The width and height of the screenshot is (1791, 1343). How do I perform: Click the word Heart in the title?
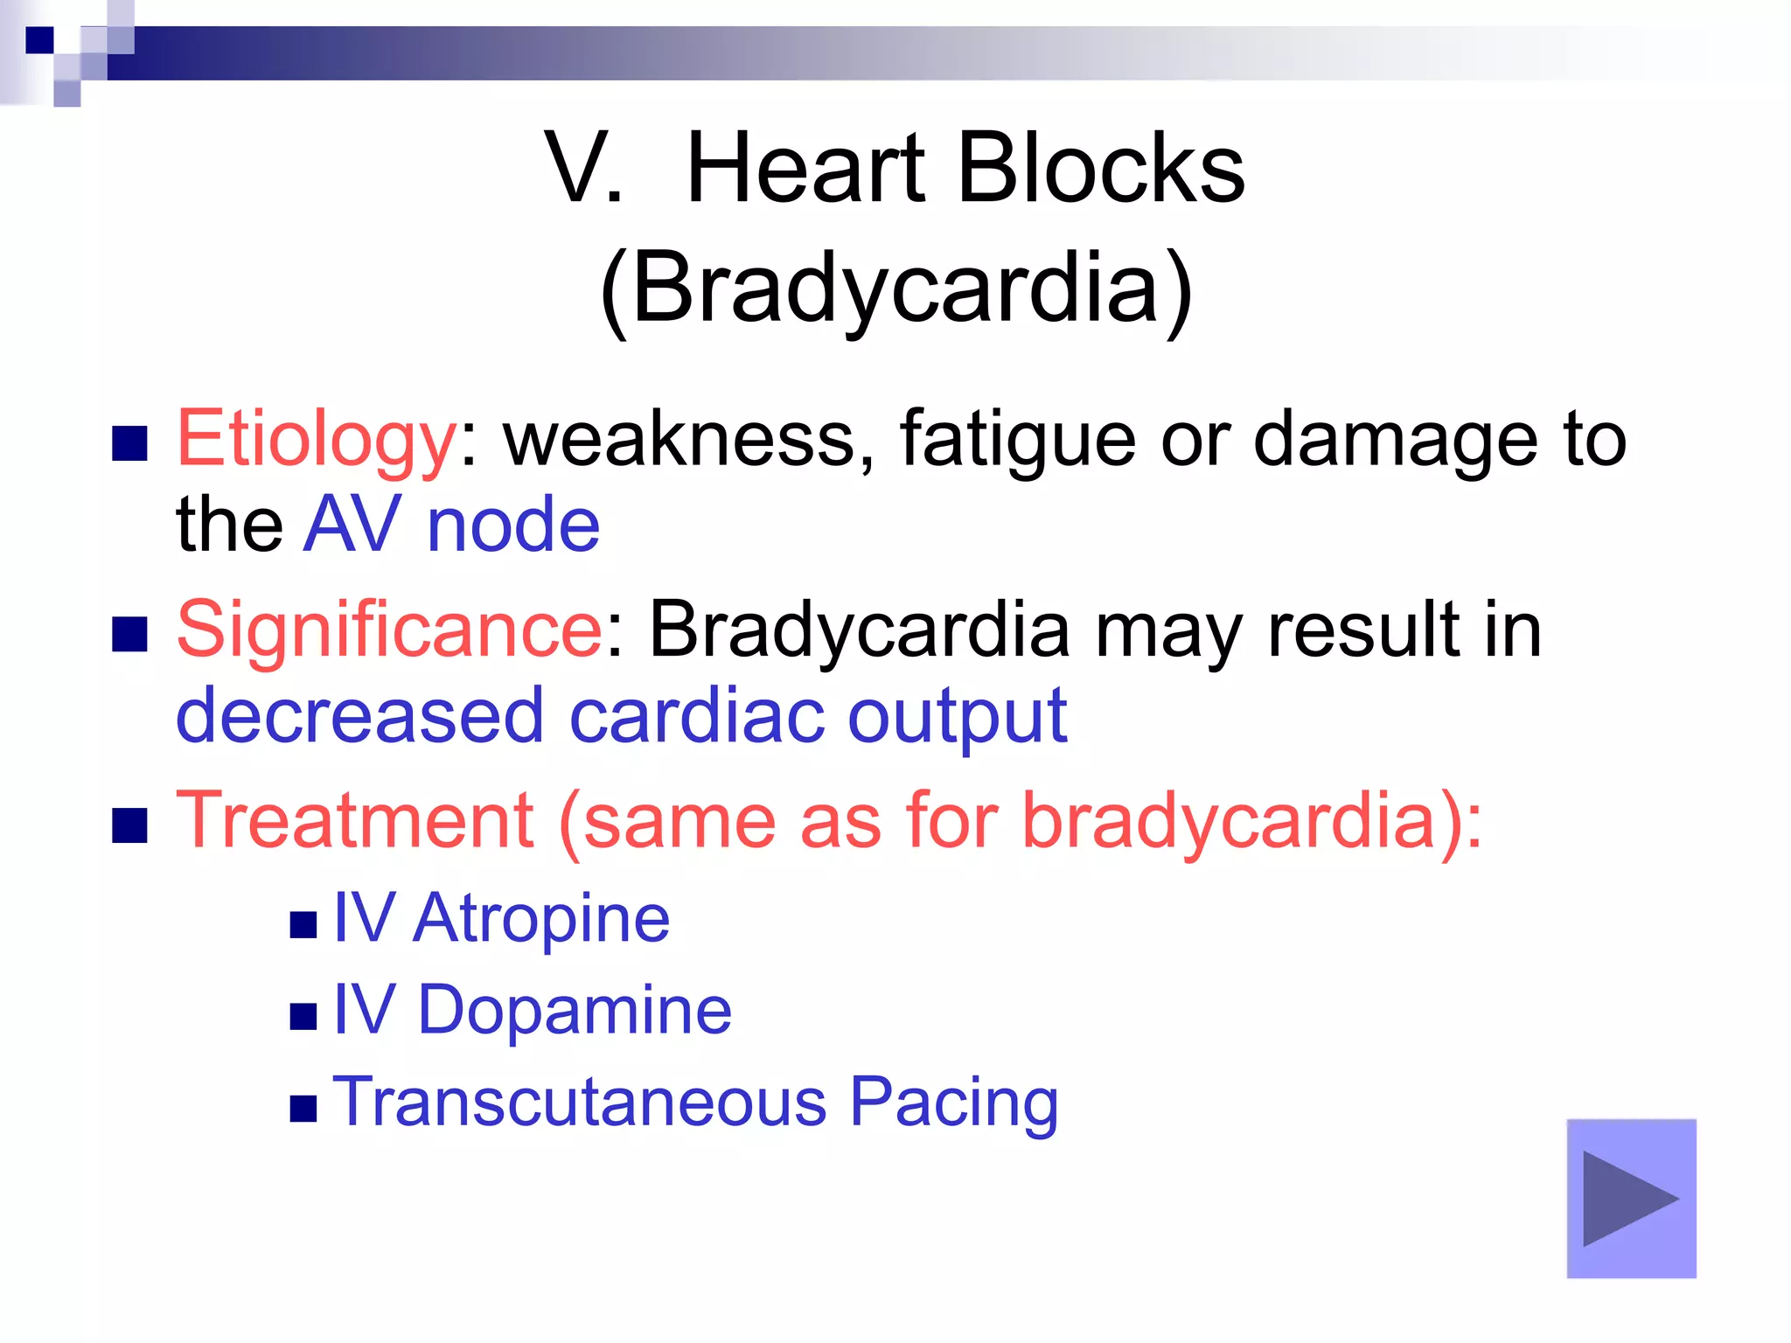pos(805,168)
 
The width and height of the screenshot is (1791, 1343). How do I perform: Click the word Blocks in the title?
pos(1101,168)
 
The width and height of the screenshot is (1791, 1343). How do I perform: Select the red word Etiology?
pos(316,440)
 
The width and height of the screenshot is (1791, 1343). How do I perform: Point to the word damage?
pos(1395,440)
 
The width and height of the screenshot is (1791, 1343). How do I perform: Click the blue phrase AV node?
pos(451,525)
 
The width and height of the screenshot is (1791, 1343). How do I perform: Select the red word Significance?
pos(389,630)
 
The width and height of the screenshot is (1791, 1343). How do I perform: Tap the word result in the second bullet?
pos(1365,630)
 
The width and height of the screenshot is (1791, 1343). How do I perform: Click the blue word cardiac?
pos(695,716)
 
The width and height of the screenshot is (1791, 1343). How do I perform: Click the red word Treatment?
pos(355,820)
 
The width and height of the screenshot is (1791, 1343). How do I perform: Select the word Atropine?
pos(541,919)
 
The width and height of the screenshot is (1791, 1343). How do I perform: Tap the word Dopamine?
pos(575,1011)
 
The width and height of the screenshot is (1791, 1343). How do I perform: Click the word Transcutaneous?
pos(579,1103)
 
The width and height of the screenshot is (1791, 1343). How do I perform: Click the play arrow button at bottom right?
pos(1631,1198)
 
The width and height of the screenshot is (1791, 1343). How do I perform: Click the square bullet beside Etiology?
pos(129,443)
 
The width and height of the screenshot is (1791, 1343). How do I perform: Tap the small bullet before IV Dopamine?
pos(303,1016)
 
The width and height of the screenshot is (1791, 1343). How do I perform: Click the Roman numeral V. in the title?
pos(583,168)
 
